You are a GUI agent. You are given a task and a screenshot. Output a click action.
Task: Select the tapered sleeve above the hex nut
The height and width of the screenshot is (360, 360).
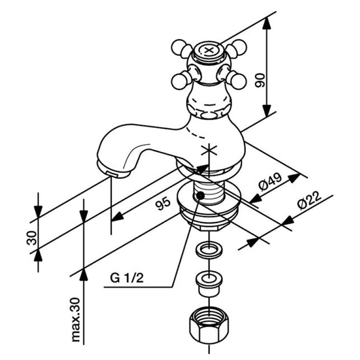click(x=208, y=284)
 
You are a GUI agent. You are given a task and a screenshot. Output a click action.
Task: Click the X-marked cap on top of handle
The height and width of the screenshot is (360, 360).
click(x=208, y=50)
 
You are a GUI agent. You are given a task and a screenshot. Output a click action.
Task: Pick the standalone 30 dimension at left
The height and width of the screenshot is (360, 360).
click(x=32, y=238)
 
